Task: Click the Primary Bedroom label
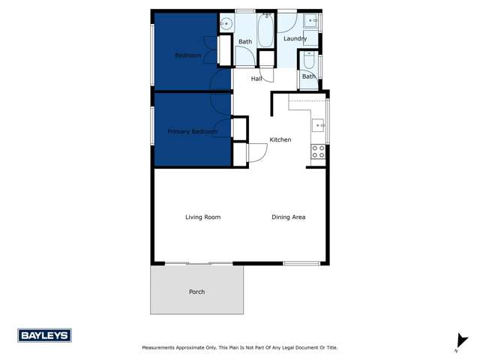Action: [192, 132]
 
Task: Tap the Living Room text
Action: [202, 217]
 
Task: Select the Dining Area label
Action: [288, 217]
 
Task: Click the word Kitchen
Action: [280, 140]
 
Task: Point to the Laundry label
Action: [295, 38]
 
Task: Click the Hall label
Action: [256, 78]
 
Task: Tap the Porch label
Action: [196, 292]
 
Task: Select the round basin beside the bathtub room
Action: [224, 24]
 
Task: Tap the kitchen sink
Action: [318, 125]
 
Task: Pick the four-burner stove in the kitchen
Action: [318, 152]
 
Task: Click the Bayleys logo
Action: [44, 336]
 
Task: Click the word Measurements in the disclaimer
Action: [161, 348]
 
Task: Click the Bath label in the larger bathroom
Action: [245, 42]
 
